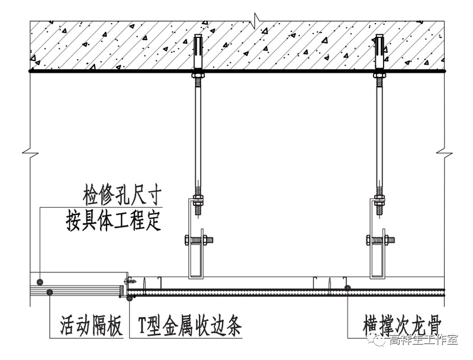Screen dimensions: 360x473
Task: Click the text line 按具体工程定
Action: click(114, 220)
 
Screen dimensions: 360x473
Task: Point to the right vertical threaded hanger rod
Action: click(379, 130)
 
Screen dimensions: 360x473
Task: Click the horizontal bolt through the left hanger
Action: click(199, 240)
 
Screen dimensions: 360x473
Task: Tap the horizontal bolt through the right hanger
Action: click(381, 240)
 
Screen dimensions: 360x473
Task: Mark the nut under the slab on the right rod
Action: click(379, 75)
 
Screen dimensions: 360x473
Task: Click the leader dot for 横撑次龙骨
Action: click(348, 288)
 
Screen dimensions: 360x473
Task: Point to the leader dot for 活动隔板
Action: click(50, 292)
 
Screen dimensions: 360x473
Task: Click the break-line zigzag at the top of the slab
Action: click(255, 18)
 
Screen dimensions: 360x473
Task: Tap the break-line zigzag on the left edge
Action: click(30, 152)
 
